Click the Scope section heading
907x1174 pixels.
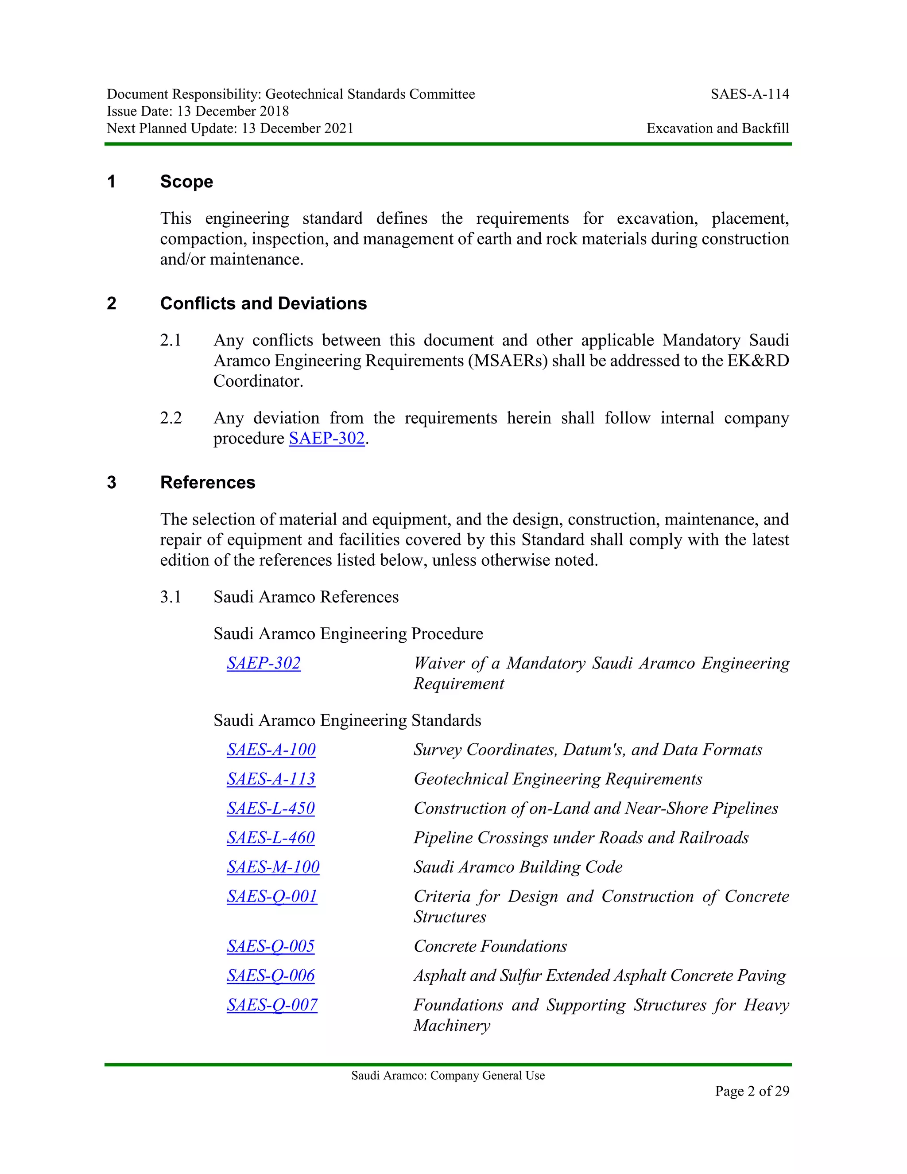point(186,182)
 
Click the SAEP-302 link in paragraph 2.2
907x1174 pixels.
point(327,438)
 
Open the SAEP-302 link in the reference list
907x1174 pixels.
point(264,663)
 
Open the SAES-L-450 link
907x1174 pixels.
point(270,808)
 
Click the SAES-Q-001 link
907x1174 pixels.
point(272,896)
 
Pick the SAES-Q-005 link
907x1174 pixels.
point(270,946)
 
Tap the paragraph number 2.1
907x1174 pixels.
point(171,340)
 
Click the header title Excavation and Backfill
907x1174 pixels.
point(717,128)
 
